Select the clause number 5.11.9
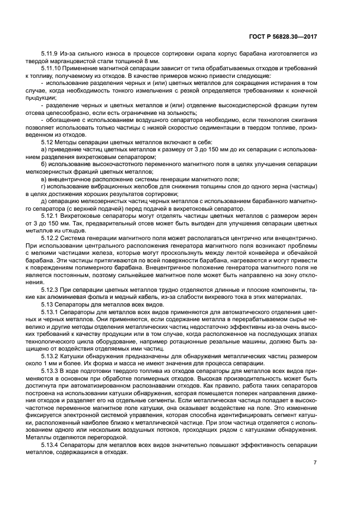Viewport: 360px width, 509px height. [51, 54]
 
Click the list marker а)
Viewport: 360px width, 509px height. [44, 149]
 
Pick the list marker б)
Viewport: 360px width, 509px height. [44, 163]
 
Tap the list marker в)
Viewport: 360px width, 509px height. [44, 178]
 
